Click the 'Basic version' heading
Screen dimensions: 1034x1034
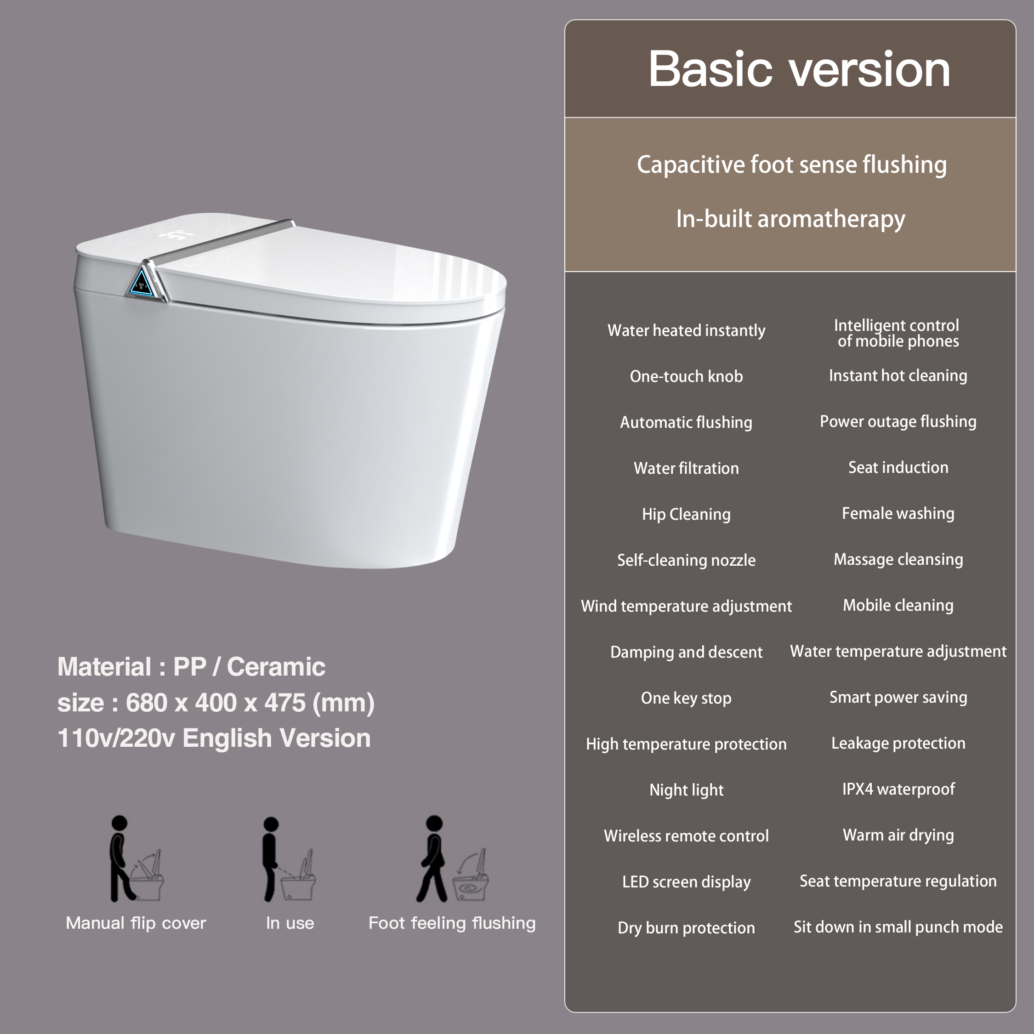799,69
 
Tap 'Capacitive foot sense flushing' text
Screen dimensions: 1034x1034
791,165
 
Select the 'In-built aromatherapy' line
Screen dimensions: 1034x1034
790,219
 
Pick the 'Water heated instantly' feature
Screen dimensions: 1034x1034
686,331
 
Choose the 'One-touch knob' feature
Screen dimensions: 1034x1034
686,376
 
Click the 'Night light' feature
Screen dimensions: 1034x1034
686,790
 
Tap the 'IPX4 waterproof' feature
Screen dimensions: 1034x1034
898,789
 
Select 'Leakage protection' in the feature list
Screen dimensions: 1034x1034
898,744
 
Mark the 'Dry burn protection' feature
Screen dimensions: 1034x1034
686,927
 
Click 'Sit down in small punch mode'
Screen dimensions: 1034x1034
898,927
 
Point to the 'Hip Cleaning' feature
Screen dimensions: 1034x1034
686,514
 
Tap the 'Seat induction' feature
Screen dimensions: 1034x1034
898,468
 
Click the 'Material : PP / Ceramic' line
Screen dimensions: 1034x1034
191,667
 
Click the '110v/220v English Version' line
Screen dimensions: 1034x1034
214,738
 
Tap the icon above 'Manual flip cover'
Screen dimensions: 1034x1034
136,859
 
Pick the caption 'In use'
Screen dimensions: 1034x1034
290,923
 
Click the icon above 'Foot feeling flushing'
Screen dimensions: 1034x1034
452,859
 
